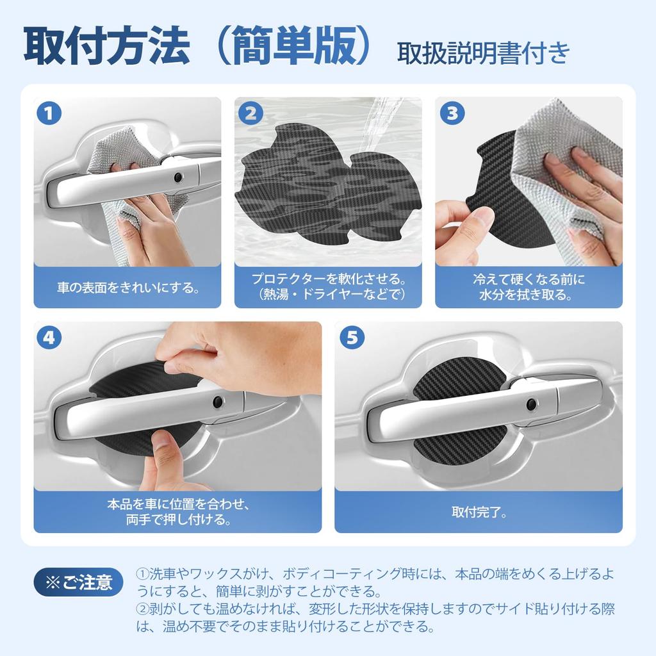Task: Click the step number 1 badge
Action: pos(49,114)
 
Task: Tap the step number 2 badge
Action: pos(250,114)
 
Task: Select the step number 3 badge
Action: pos(452,114)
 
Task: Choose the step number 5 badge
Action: pos(351,338)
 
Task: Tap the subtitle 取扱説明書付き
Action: pos(483,53)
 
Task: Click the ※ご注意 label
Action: pos(78,582)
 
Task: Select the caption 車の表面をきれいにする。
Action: pos(127,287)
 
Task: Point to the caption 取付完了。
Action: pos(479,512)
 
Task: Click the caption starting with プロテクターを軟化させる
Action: pos(328,287)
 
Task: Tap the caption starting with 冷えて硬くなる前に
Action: pos(529,287)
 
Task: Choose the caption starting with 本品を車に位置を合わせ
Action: pos(177,512)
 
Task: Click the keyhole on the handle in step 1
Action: pos(178,177)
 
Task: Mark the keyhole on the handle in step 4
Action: pos(218,402)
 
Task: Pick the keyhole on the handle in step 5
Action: pos(530,404)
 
